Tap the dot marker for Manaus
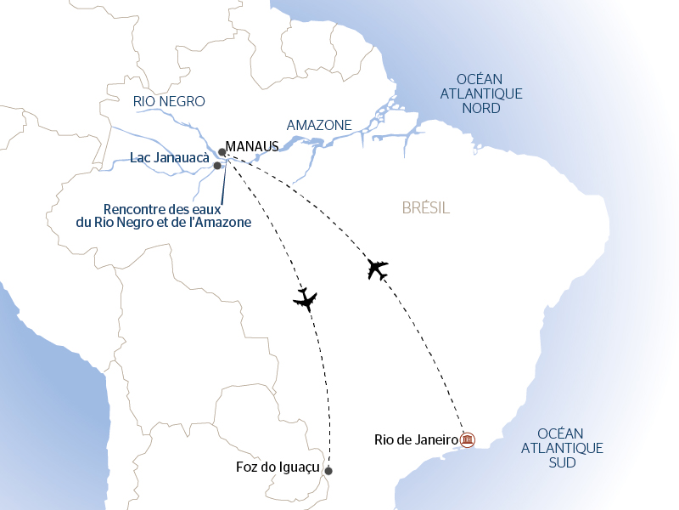click(222, 152)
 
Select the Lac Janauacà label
click(170, 158)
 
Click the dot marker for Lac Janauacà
click(217, 166)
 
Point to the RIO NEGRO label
click(170, 101)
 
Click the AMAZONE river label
click(319, 125)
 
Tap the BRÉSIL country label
click(424, 208)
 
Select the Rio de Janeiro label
click(416, 439)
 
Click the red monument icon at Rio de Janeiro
click(468, 439)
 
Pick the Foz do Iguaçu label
click(278, 467)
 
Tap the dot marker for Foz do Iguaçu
click(328, 471)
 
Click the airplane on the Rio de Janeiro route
click(378, 269)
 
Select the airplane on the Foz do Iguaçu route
click(305, 298)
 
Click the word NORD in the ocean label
click(480, 109)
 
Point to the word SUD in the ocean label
click(562, 463)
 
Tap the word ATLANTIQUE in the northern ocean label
click(480, 94)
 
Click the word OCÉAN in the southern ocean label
click(562, 433)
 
